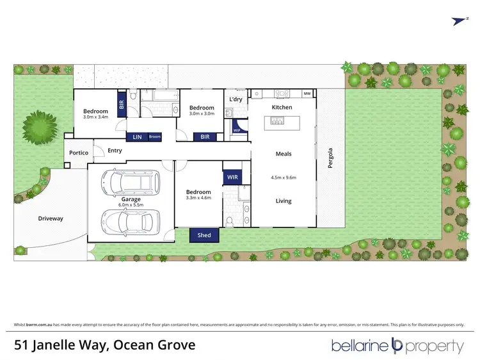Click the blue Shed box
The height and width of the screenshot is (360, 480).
[x=204, y=235]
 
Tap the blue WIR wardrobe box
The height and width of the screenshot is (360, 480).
[x=230, y=177]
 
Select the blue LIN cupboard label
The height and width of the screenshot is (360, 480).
[x=137, y=136]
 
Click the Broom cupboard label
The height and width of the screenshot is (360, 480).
[x=154, y=136]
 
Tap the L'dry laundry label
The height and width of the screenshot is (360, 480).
[x=235, y=99]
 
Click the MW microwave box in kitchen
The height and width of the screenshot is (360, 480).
[x=307, y=94]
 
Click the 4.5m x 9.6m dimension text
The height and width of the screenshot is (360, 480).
[x=283, y=177]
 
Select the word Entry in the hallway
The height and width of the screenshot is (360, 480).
[x=115, y=151]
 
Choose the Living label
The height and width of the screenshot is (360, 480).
[x=283, y=200]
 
